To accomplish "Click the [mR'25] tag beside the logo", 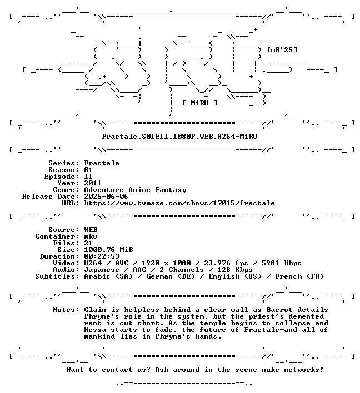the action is tap(282, 50).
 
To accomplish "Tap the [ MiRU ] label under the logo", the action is tap(199, 103).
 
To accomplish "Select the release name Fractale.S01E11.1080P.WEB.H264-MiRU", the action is tap(179, 137).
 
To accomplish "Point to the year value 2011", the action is tap(93, 183).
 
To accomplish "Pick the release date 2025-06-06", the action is tap(106, 196).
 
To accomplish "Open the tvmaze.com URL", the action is tap(179, 203).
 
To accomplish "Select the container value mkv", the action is tap(91, 236).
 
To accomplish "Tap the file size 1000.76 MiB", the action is tap(108, 250).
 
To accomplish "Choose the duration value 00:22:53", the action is tap(102, 256).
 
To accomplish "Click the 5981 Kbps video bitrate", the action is tap(281, 263).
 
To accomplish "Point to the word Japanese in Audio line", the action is tap(102, 270).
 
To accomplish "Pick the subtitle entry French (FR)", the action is tap(299, 276).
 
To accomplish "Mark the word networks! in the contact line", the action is tap(303, 370).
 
